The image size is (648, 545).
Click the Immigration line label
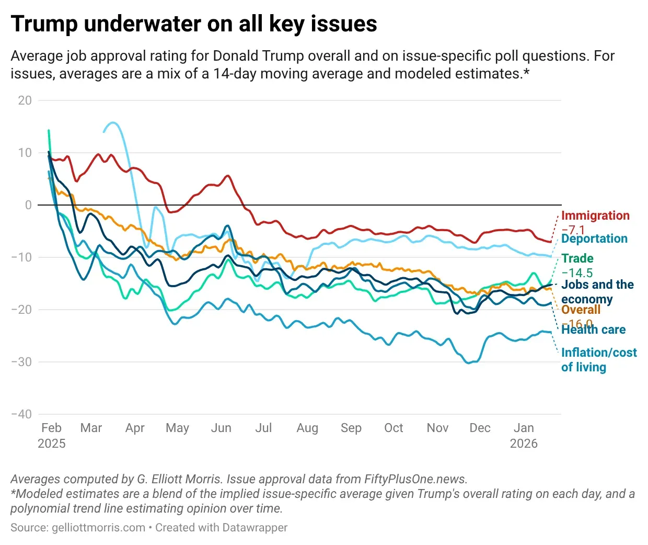[595, 215]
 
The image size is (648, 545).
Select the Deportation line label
[594, 239]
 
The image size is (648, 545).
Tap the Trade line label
[577, 258]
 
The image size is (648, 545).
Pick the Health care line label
[593, 330]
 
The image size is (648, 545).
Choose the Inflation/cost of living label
[599, 360]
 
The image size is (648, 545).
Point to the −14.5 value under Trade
[577, 272]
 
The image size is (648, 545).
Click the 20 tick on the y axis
[25, 100]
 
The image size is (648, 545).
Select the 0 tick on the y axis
[28, 205]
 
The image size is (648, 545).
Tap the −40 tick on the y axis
[21, 414]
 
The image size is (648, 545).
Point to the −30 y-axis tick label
[21, 362]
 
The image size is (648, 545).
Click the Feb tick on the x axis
[51, 428]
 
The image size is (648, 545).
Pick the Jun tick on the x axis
[221, 428]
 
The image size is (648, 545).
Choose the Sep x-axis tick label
[351, 428]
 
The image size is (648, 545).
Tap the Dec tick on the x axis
[480, 428]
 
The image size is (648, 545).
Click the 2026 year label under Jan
[524, 444]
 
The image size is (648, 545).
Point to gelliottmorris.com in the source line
[98, 527]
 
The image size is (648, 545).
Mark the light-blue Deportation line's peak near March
[113, 123]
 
